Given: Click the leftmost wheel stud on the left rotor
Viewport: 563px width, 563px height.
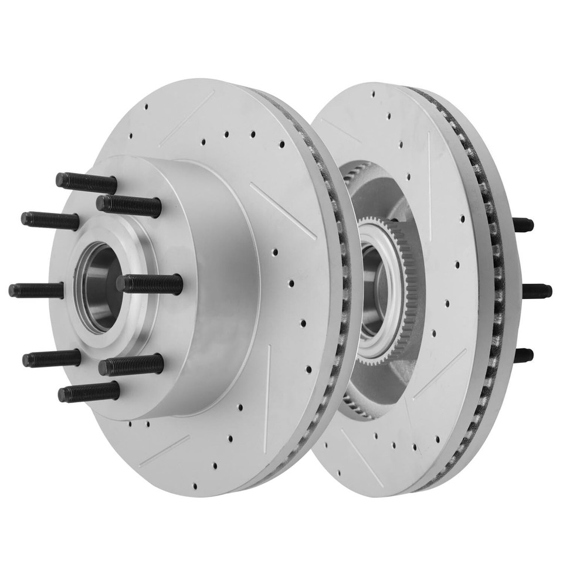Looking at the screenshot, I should [35, 290].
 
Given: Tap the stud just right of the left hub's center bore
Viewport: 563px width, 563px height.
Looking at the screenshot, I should [150, 284].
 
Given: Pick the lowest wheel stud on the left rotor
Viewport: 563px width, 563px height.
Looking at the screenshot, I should [88, 392].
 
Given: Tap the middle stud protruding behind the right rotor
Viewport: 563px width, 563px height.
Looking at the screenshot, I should [537, 291].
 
